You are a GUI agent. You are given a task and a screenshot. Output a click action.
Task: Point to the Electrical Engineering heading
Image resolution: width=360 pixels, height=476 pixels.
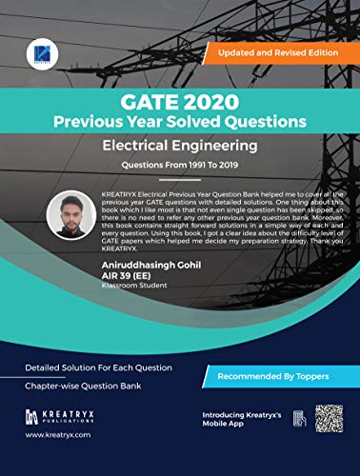coord(180,146)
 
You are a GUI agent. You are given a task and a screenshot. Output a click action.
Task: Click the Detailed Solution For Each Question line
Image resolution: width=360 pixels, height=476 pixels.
coord(86,367)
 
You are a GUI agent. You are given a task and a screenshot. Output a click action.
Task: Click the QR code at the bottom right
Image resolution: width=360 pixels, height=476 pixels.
coord(329,420)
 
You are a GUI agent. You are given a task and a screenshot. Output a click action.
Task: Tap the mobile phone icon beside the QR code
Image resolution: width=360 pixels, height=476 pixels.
coord(299,419)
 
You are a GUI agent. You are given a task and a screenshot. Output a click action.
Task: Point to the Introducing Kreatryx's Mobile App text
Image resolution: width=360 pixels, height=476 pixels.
coord(242,420)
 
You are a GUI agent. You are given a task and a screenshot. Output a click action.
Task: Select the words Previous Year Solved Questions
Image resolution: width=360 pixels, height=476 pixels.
coord(180,121)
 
